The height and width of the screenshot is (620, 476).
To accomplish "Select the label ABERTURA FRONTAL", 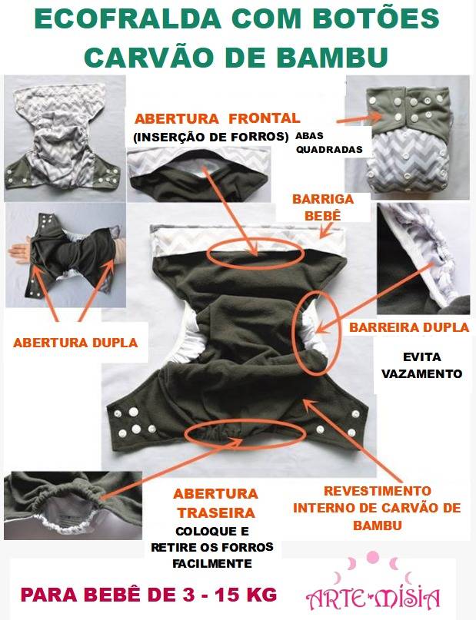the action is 217,118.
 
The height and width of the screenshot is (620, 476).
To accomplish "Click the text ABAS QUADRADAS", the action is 329,142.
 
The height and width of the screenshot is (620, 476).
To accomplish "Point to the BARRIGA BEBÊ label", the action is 323,207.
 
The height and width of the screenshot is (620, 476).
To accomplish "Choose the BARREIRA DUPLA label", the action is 409,327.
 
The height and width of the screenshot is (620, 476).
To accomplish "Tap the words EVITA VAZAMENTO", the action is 422,365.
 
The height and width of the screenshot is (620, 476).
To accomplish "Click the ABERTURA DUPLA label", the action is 75,343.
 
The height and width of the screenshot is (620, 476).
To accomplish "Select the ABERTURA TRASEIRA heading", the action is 215,503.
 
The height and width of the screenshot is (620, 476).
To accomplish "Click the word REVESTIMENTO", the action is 377,491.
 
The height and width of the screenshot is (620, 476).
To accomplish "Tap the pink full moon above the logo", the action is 372,557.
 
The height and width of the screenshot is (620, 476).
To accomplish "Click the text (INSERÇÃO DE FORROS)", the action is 211,138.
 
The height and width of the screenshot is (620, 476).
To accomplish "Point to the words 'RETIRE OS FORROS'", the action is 212,547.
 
